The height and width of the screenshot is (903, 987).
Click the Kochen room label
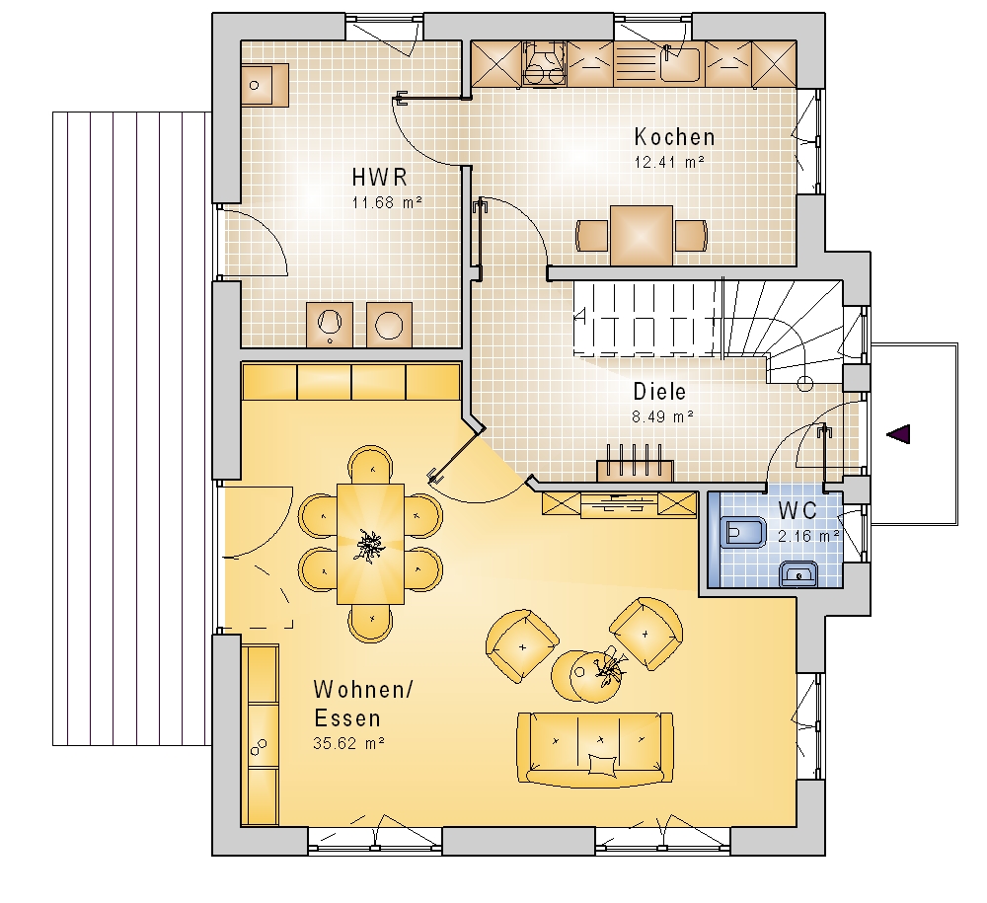click(674, 136)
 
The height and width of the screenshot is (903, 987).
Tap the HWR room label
click(380, 178)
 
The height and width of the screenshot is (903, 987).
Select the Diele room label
click(659, 392)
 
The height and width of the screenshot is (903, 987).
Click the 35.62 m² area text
click(348, 743)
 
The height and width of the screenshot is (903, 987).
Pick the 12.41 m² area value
click(669, 162)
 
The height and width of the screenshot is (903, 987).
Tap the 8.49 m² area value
click(663, 416)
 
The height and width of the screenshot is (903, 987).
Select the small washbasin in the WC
click(798, 574)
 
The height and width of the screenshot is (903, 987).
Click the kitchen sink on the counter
click(679, 62)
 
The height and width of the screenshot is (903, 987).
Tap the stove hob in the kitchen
click(544, 63)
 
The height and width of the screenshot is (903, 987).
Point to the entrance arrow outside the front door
click(898, 433)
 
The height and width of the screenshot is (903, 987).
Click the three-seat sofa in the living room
click(595, 749)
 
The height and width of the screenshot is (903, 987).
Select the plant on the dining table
click(369, 545)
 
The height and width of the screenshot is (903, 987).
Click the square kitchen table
click(641, 235)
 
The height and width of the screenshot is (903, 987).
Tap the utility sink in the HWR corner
click(265, 85)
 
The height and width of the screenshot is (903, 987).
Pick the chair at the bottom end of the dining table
click(371, 623)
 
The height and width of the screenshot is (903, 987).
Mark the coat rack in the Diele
click(635, 463)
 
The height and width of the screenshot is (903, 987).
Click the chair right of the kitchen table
click(691, 236)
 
